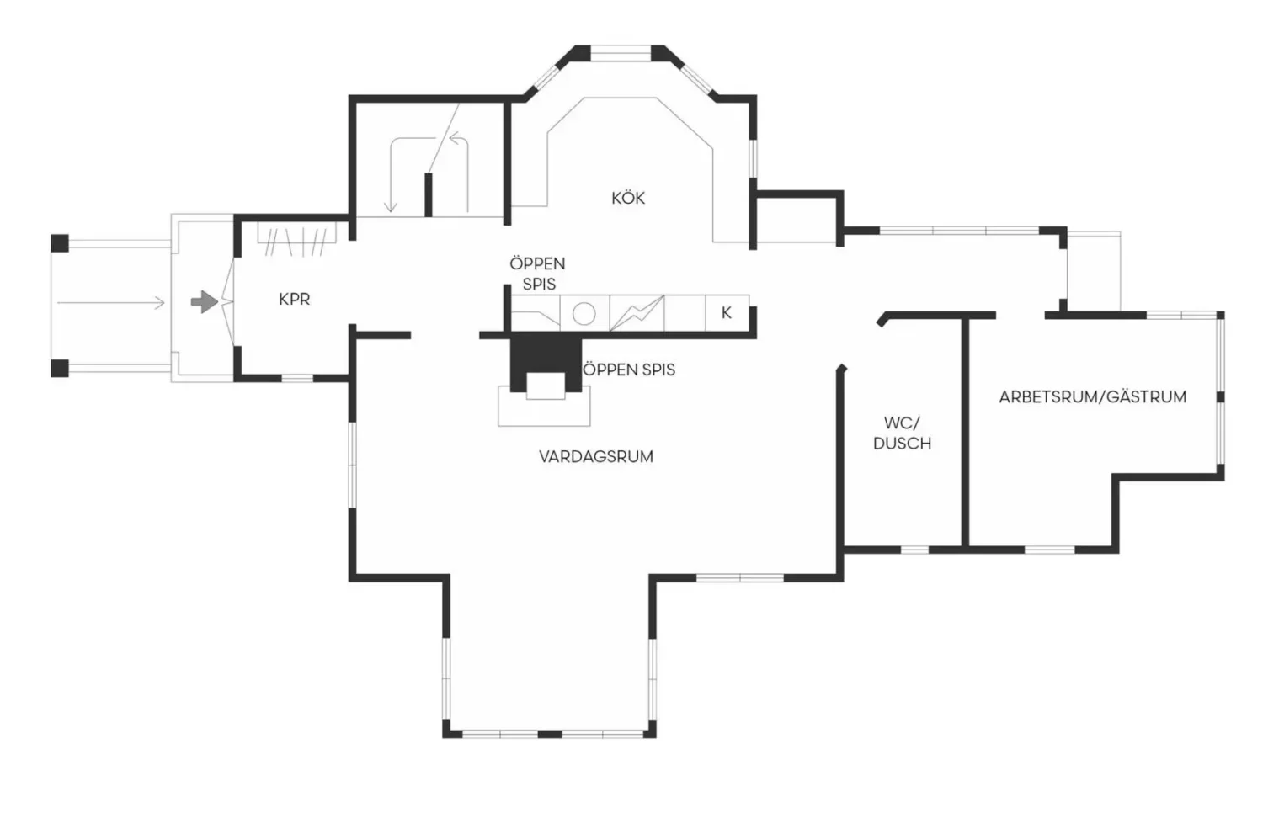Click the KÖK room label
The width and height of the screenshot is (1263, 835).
(628, 198)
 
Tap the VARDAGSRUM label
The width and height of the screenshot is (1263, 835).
(596, 457)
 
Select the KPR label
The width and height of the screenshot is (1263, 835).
(295, 300)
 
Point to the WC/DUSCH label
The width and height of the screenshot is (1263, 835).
(902, 433)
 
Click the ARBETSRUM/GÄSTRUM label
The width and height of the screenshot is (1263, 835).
(1093, 397)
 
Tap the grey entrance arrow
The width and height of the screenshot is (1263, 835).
(204, 302)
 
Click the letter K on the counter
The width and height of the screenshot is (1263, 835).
(726, 313)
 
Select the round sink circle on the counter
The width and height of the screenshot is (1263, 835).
(584, 313)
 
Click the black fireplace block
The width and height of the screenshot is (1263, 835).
(546, 362)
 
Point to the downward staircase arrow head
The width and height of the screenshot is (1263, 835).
(391, 207)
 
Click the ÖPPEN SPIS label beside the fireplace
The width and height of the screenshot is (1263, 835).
(629, 370)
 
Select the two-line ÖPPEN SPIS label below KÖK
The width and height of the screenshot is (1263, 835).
(537, 274)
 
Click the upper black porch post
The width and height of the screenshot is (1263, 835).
(60, 243)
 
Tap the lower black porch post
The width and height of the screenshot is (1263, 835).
(60, 368)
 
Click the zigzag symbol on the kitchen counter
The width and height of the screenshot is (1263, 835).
(637, 313)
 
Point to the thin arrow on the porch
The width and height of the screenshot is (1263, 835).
(111, 303)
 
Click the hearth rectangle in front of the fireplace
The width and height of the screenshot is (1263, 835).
(544, 406)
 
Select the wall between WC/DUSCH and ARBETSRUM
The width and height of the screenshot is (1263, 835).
(965, 433)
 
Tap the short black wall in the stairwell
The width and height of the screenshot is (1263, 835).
(429, 195)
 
